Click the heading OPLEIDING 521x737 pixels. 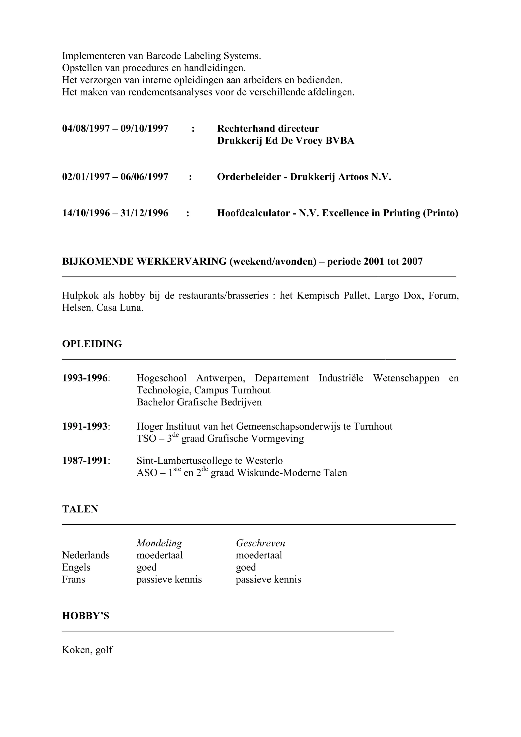[x=92, y=344]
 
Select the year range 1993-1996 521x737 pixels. [x=85, y=378]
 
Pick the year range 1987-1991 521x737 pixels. [x=85, y=461]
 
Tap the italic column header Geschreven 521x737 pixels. [x=260, y=543]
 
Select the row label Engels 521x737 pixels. [x=76, y=568]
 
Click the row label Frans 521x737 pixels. [x=74, y=579]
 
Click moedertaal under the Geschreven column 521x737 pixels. [x=259, y=555]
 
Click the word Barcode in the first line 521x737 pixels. [x=163, y=56]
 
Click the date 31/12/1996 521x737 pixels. [x=144, y=213]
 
